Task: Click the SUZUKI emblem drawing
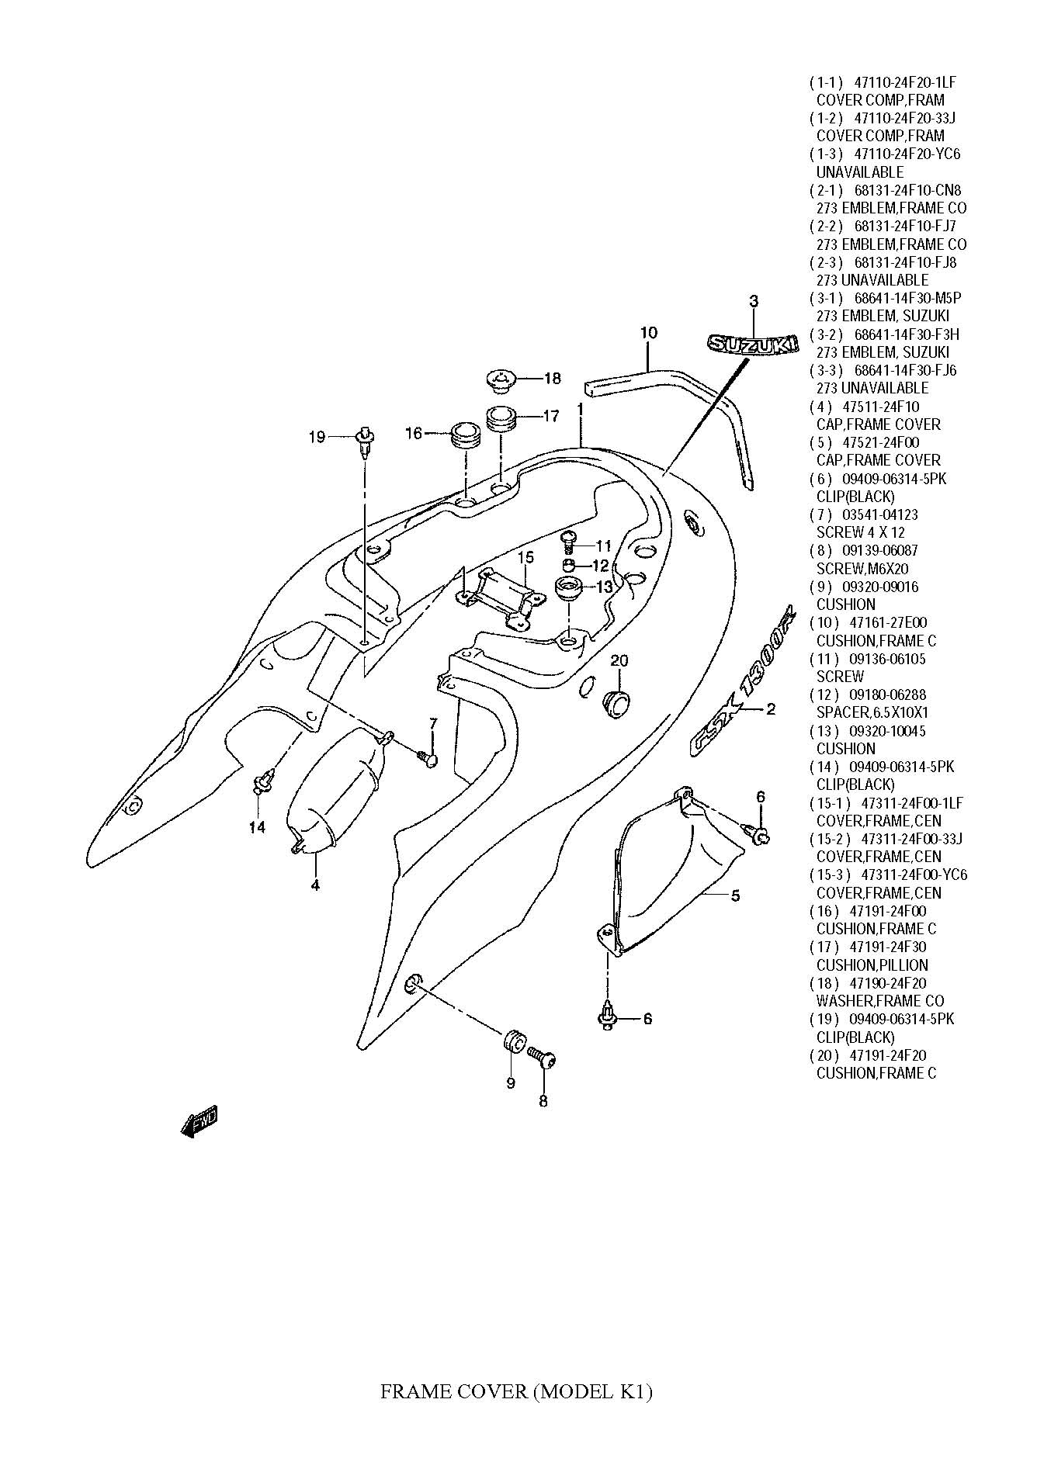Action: pos(751,343)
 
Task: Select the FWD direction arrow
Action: pos(198,1120)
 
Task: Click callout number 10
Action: pos(649,333)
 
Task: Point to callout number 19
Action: pos(317,437)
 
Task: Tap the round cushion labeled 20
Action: pos(616,701)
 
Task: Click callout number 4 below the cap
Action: pos(315,885)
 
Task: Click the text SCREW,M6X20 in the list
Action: pos(862,569)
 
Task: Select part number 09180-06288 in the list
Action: pos(884,695)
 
